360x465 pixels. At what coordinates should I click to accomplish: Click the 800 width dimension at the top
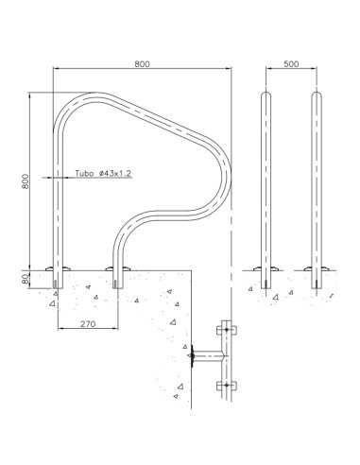click(x=141, y=63)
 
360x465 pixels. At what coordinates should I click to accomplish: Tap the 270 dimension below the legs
click(x=87, y=323)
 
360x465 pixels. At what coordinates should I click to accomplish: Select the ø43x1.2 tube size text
click(x=113, y=174)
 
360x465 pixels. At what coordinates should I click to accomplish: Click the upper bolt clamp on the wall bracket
click(x=225, y=330)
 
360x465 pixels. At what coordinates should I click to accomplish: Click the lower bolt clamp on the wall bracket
click(x=225, y=384)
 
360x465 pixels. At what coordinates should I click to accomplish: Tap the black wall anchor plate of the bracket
click(x=193, y=357)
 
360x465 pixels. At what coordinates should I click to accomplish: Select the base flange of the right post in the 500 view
click(x=315, y=270)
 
